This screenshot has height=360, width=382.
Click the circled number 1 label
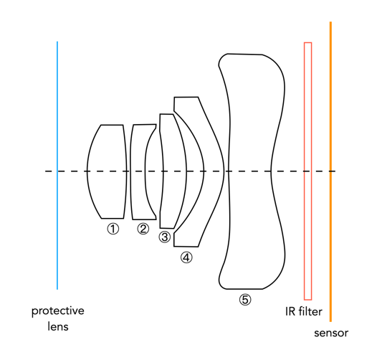(113, 229)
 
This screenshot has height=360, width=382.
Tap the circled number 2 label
(143, 229)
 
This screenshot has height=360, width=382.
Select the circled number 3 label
(165, 237)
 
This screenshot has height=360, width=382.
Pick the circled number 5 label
(245, 300)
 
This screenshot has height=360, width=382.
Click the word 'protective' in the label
(57, 312)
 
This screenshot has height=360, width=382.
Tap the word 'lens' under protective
(57, 327)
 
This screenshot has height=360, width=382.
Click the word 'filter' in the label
(310, 312)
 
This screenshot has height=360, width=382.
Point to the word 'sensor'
(331, 333)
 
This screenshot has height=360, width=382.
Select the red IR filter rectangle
(307, 108)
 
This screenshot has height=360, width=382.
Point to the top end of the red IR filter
(307, 44)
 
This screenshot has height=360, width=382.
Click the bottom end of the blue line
(57, 288)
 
